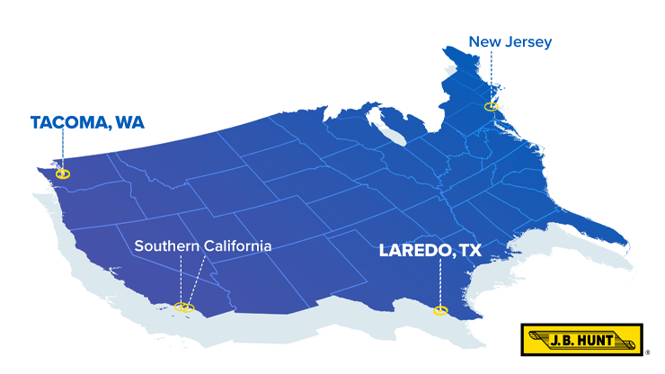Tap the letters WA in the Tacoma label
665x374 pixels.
[x=127, y=122]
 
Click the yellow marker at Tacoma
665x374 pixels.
[x=62, y=174]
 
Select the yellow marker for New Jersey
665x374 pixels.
[x=491, y=106]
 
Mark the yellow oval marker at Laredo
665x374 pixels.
[x=439, y=311]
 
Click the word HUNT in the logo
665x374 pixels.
[x=608, y=340]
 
